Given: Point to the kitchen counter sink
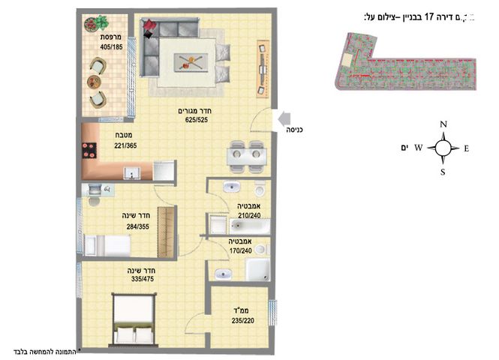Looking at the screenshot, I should click(x=130, y=173).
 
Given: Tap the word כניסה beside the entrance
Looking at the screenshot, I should click(x=295, y=130).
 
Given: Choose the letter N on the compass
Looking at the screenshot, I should click(x=443, y=124).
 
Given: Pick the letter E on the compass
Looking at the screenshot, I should click(x=466, y=148).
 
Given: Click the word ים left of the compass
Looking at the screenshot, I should click(x=407, y=148).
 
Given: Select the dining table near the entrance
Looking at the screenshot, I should click(x=245, y=156).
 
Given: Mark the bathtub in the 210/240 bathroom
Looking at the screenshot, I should click(x=233, y=223).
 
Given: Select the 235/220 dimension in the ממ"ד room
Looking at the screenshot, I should click(x=243, y=320).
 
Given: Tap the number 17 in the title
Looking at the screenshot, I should click(x=430, y=16).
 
